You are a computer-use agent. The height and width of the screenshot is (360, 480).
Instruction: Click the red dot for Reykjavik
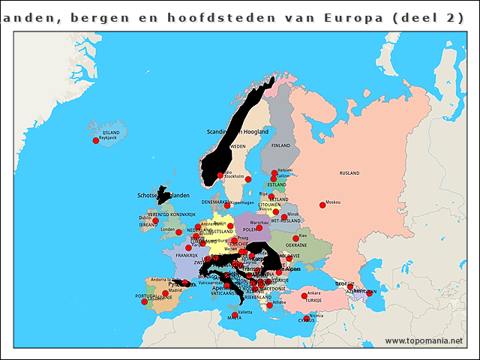point(95,140)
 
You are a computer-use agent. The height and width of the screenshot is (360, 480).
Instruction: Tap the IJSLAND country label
point(111,132)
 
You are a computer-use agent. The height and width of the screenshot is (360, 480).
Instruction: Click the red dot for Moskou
point(322,205)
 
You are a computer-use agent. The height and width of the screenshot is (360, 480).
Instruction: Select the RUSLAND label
point(350,173)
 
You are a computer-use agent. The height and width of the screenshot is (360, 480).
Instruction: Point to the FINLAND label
point(280,145)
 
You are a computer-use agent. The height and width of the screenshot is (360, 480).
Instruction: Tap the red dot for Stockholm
point(248,179)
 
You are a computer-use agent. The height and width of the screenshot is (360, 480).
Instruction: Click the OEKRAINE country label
point(296,245)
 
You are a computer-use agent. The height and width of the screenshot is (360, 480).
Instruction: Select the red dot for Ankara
point(304,295)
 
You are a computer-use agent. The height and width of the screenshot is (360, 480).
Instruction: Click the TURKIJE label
point(313,301)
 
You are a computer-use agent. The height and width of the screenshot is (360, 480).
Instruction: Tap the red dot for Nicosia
point(307,318)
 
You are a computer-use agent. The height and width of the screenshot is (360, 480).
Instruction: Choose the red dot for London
point(178,232)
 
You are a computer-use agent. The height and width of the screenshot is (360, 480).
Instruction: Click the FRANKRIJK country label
point(187,255)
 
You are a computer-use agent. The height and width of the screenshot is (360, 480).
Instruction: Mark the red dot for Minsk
point(284,217)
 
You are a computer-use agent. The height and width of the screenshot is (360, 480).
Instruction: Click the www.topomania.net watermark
point(424,341)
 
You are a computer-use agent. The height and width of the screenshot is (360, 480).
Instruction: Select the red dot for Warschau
point(260,226)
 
